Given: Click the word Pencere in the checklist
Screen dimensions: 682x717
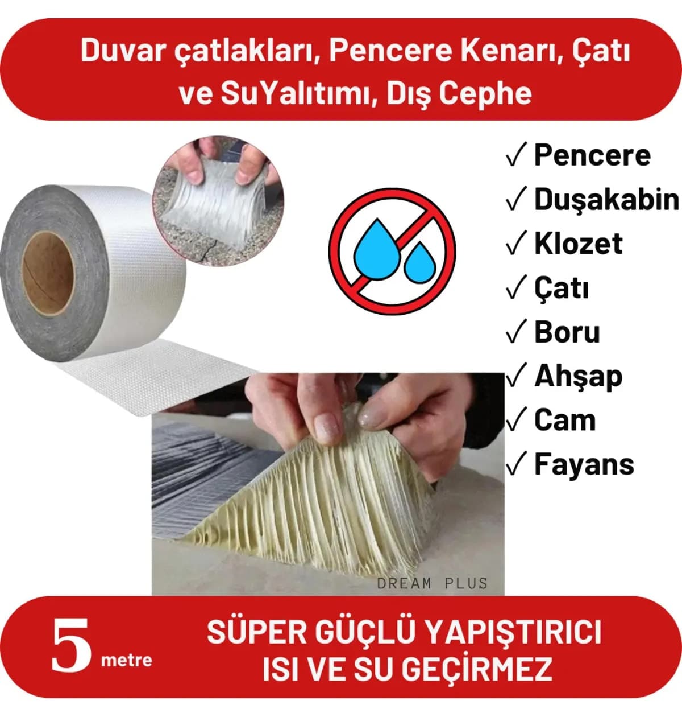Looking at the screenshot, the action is click(592, 156).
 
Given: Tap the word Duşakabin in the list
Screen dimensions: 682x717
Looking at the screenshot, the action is click(606, 200).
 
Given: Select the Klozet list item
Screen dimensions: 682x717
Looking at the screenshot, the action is click(578, 244).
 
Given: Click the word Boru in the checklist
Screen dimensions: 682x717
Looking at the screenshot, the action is click(567, 332).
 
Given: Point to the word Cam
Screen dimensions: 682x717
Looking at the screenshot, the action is click(565, 420).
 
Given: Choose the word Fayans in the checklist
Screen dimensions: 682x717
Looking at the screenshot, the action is click(584, 465).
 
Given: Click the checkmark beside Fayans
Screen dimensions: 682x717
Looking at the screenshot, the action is click(516, 464).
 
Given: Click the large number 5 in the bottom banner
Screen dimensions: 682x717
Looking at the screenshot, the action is click(71, 645).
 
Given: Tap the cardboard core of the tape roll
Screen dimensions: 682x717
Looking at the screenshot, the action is click(48, 273).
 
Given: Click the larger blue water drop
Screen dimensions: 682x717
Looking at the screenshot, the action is click(377, 249).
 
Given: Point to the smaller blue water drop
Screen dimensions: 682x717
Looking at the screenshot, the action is click(419, 262).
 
